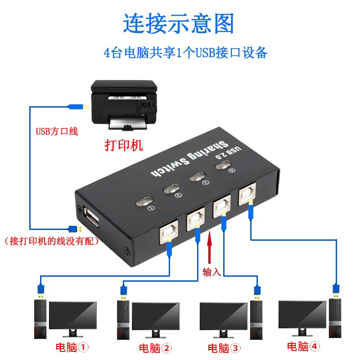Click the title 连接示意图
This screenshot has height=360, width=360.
click(179, 23)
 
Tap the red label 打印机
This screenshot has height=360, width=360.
click(123, 145)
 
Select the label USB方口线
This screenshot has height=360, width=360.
click(57, 131)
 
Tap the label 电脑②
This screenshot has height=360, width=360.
click(155, 347)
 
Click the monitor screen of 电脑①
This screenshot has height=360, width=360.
click(72, 315)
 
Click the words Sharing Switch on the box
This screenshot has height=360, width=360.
click(185, 160)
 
